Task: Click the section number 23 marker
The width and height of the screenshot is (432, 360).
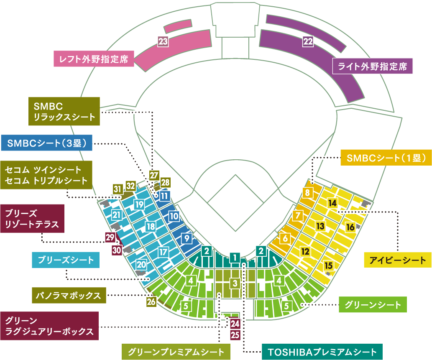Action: pos(163,41)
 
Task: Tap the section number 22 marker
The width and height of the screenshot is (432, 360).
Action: pos(308,41)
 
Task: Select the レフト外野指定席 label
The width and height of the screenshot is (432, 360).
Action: pos(94,59)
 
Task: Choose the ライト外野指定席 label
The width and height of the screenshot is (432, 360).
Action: pos(373,66)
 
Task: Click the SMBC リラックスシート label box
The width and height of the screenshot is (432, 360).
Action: pos(64,111)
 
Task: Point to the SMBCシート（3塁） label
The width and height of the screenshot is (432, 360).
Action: pos(46,143)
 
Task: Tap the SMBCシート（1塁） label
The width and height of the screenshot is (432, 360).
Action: pos(386,158)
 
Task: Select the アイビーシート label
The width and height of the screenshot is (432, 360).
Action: pos(397,260)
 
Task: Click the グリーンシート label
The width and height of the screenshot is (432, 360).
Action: pos(373,305)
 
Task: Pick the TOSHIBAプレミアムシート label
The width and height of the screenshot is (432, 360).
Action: pos(322,352)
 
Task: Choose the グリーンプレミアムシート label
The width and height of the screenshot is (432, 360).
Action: pos(176,352)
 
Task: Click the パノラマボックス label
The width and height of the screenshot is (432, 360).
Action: pos(69,295)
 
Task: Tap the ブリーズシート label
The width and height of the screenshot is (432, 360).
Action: pos(66,260)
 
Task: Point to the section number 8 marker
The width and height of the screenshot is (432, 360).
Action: pos(307,193)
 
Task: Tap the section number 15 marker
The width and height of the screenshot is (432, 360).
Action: pos(329,265)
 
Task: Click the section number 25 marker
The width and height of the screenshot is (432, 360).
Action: pos(235,334)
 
